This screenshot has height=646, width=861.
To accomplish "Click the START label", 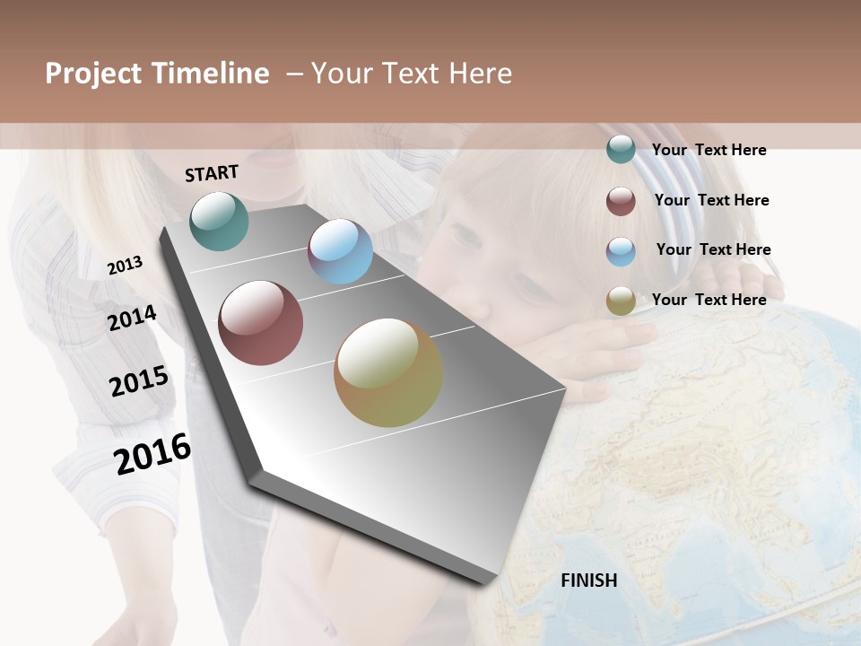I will coord(212,173).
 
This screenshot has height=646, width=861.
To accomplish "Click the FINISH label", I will coord(588,581).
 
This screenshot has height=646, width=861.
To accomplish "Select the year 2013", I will coord(125,266).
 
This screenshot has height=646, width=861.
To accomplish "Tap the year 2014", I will coord(132,318).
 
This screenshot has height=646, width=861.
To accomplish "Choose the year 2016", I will coord(152,453).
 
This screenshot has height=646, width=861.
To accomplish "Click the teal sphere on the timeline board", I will coord(219,221).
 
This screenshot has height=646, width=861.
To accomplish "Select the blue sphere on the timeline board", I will coord(340,251).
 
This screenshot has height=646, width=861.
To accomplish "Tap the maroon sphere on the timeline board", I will coord(260,323).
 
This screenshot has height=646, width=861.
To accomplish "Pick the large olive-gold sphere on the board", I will coord(388,372).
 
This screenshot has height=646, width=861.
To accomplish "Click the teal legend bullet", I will coord(621,150).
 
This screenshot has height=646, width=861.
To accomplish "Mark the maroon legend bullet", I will coord(621,200).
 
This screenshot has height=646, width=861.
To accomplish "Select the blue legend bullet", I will coord(621,250).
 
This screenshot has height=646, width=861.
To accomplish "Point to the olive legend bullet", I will coord(621,301).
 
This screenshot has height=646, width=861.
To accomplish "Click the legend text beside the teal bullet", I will coord(709,150).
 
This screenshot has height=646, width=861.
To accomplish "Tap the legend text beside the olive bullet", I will coord(709,300).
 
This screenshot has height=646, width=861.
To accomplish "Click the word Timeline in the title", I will coord(211,74).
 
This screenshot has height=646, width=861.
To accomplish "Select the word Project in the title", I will coord(92,74).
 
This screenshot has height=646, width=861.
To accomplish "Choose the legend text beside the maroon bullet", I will coord(711,200).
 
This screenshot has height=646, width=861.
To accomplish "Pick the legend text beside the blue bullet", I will coord(713,249).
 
